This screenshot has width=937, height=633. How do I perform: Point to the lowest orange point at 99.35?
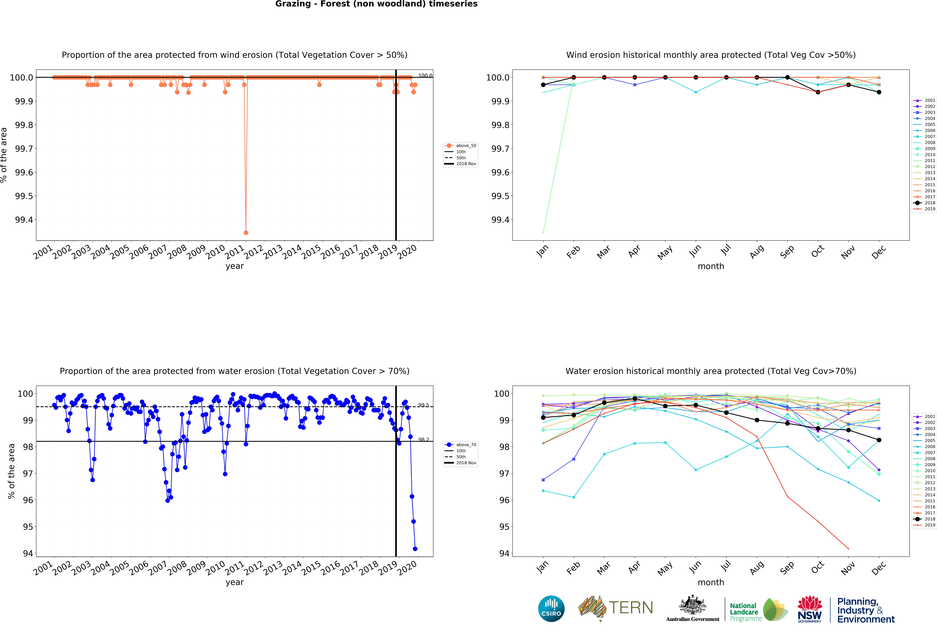[x=246, y=233]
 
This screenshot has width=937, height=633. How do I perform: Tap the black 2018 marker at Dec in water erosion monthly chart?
[x=879, y=440]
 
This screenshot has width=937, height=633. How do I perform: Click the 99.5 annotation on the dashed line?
[x=423, y=405]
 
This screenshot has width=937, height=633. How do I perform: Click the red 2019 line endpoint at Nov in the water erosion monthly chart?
[x=848, y=548]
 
